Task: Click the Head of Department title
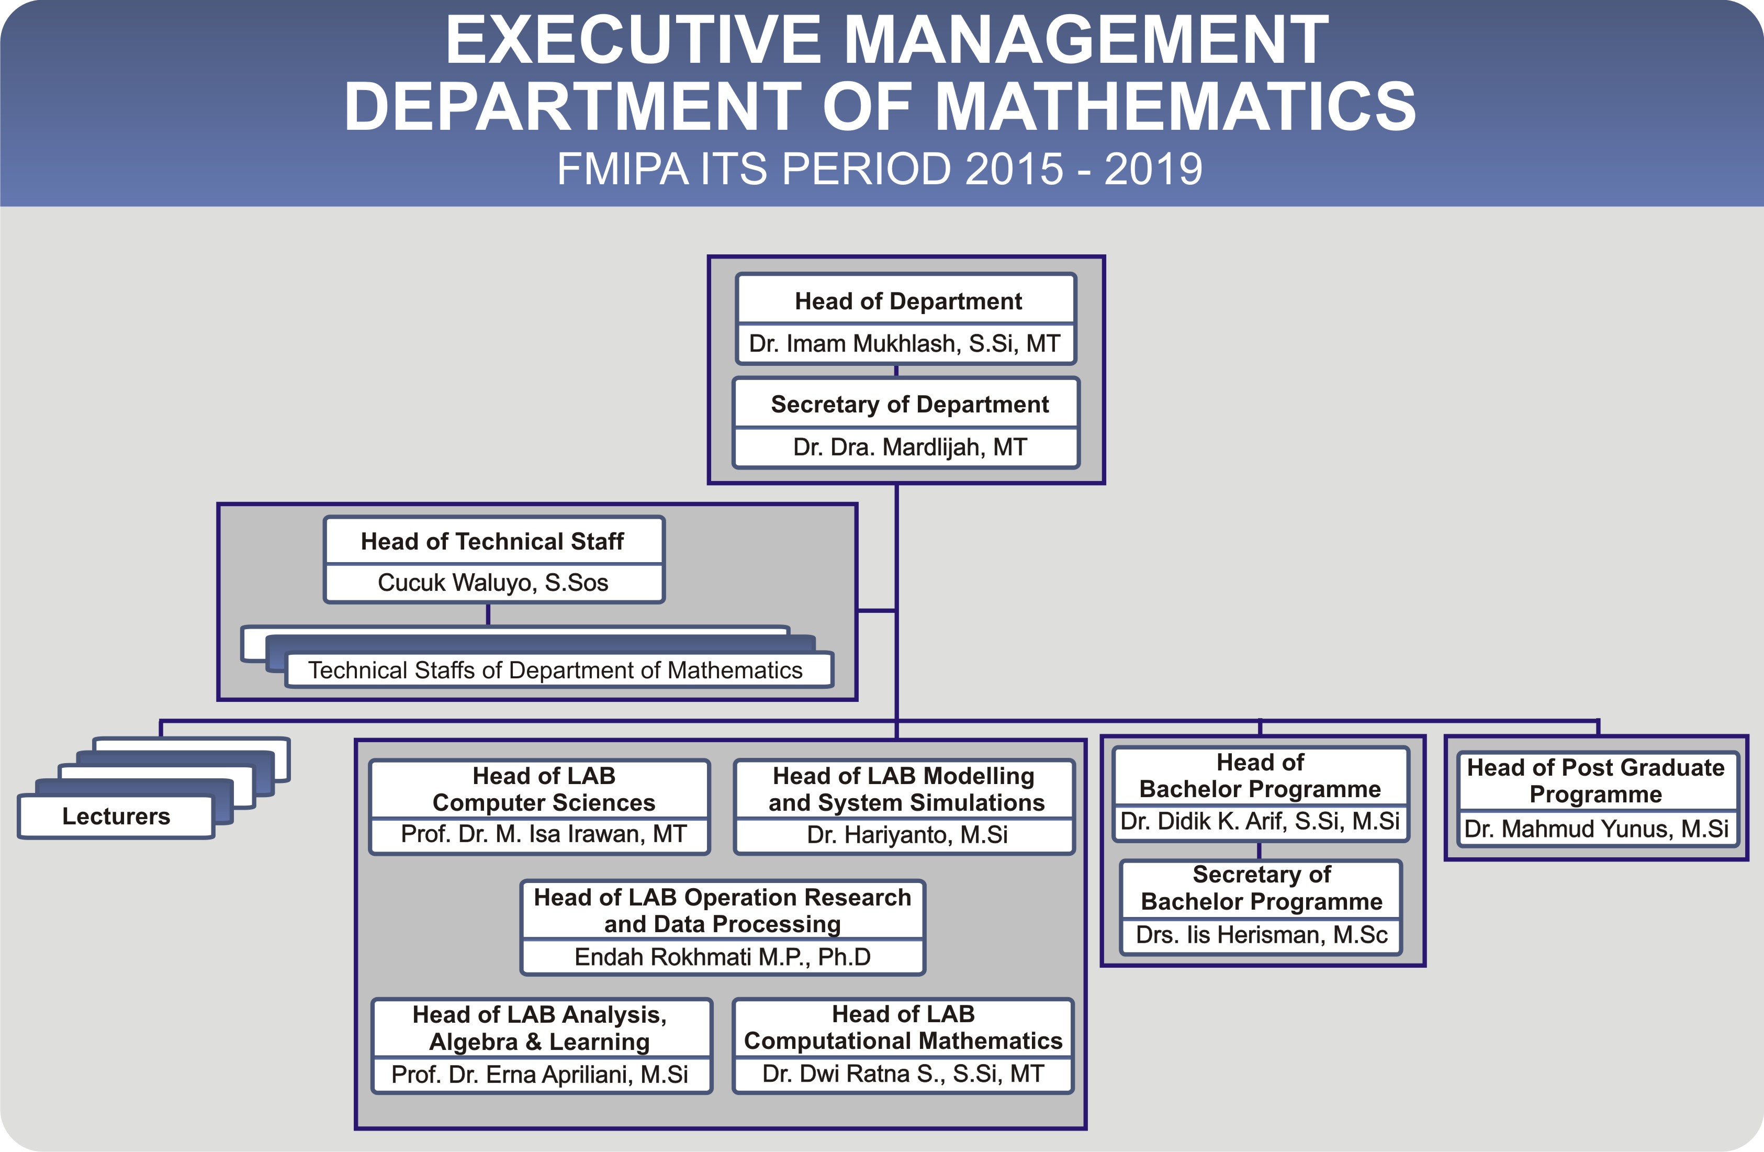pyautogui.click(x=908, y=301)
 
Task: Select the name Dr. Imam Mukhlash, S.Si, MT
pyautogui.click(x=905, y=343)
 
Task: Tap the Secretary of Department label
pyautogui.click(x=909, y=404)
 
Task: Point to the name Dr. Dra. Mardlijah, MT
pyautogui.click(x=909, y=447)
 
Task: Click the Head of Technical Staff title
pyautogui.click(x=492, y=541)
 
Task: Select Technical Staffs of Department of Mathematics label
pyautogui.click(x=555, y=670)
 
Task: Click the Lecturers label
pyautogui.click(x=116, y=816)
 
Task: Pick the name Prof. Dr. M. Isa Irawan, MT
pyautogui.click(x=543, y=834)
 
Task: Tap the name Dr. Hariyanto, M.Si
pyautogui.click(x=907, y=835)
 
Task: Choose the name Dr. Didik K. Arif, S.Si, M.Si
pyautogui.click(x=1260, y=821)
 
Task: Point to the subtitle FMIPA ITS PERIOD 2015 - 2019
pyautogui.click(x=880, y=169)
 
